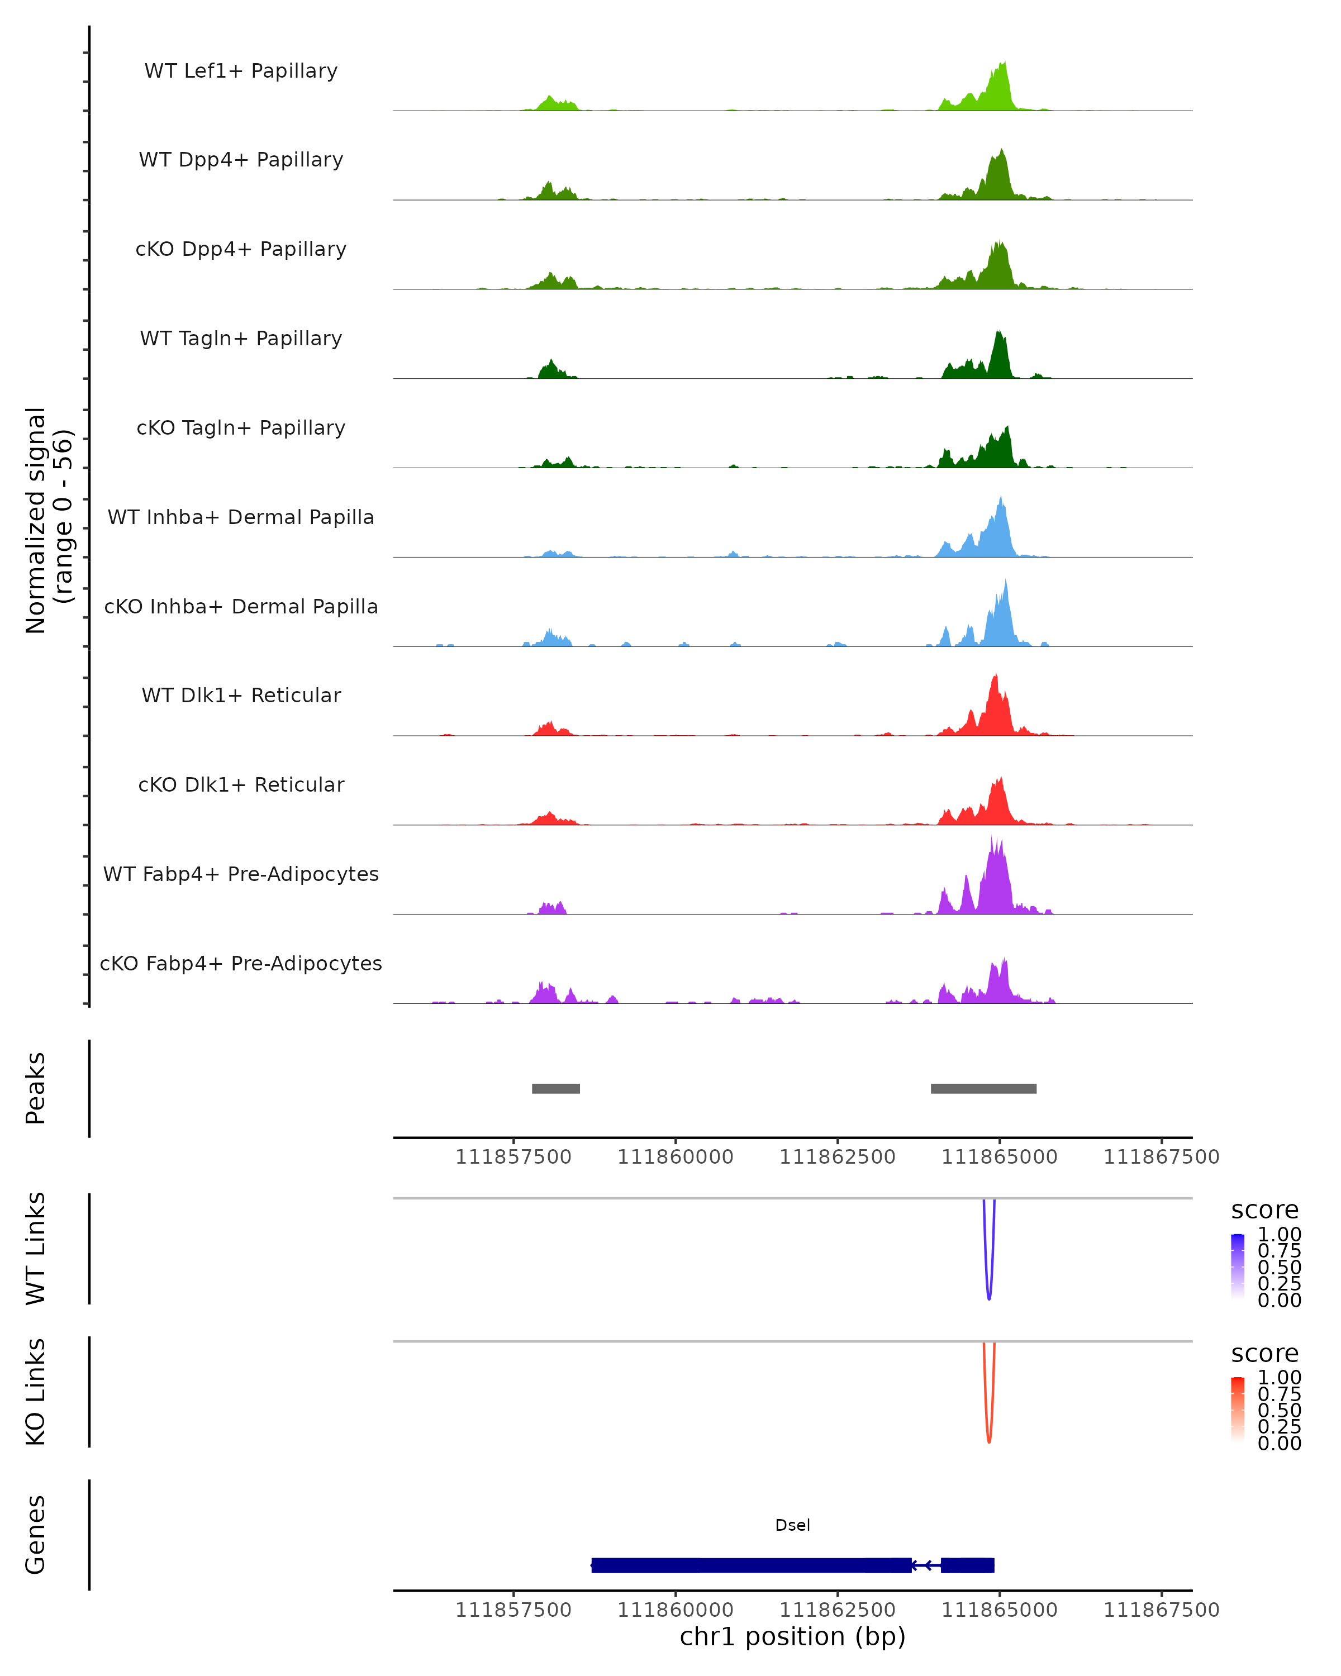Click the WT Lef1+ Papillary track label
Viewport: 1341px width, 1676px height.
pos(241,71)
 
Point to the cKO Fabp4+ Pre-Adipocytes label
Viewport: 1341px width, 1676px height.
pos(241,963)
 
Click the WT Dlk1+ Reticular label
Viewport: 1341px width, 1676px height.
pos(241,695)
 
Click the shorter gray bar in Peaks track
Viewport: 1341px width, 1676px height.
pos(556,1088)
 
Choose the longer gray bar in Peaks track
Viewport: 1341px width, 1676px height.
pos(983,1088)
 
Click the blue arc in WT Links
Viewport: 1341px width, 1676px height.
pos(989,1294)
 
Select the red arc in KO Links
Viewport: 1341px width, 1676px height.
pos(989,1438)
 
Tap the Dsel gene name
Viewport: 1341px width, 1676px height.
pos(792,1525)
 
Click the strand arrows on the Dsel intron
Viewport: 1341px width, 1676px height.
pos(925,1565)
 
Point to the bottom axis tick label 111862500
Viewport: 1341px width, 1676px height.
pos(837,1610)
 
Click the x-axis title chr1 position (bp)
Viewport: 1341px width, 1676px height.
pos(792,1637)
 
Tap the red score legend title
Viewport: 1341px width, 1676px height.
pos(1265,1354)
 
